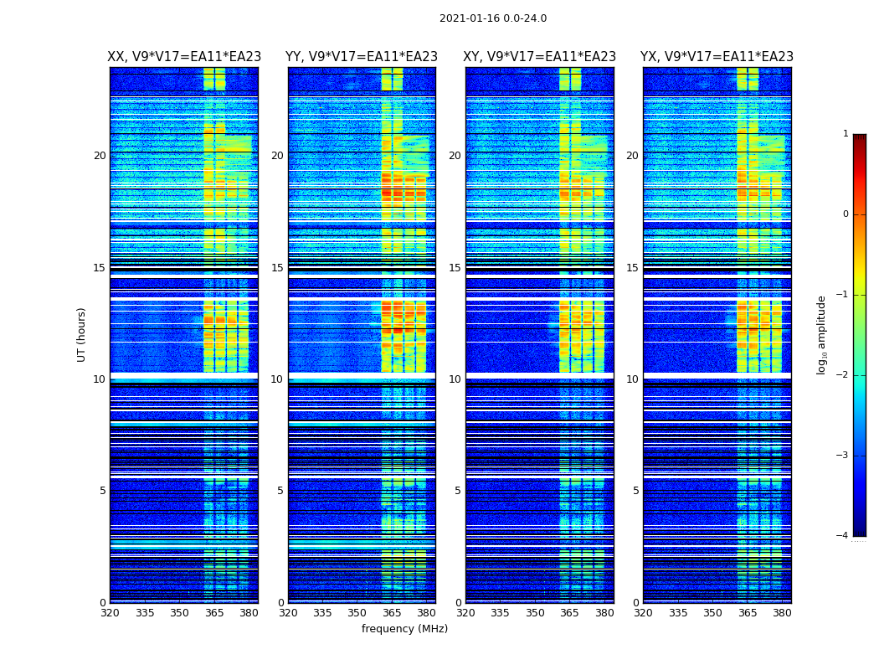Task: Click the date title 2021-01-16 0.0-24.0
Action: pos(493,18)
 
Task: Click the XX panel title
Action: pos(184,57)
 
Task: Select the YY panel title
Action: pos(362,57)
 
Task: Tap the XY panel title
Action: pos(539,57)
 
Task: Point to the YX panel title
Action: pos(717,57)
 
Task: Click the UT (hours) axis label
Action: pos(81,334)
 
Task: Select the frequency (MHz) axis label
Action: pos(404,629)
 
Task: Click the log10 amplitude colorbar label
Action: pos(822,334)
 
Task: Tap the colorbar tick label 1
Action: pos(846,134)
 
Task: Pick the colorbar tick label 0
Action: pos(846,214)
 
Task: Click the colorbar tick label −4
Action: pos(843,536)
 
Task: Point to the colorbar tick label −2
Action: pos(843,375)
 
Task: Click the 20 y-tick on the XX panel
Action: pos(100,156)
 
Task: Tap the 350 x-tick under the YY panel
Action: pos(357,613)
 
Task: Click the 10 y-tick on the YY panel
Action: pos(277,379)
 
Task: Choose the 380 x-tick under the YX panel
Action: pos(782,613)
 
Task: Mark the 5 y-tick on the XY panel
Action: pos(458,491)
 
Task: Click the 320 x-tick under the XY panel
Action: pos(465,613)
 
